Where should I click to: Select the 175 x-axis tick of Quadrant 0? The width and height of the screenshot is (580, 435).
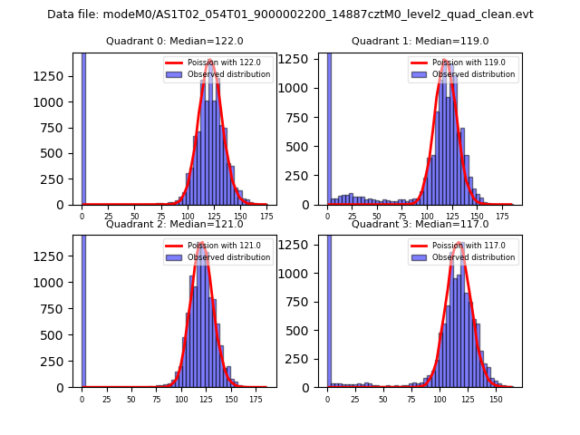(x=266, y=217)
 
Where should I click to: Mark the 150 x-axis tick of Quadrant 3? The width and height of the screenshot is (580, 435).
(x=495, y=399)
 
